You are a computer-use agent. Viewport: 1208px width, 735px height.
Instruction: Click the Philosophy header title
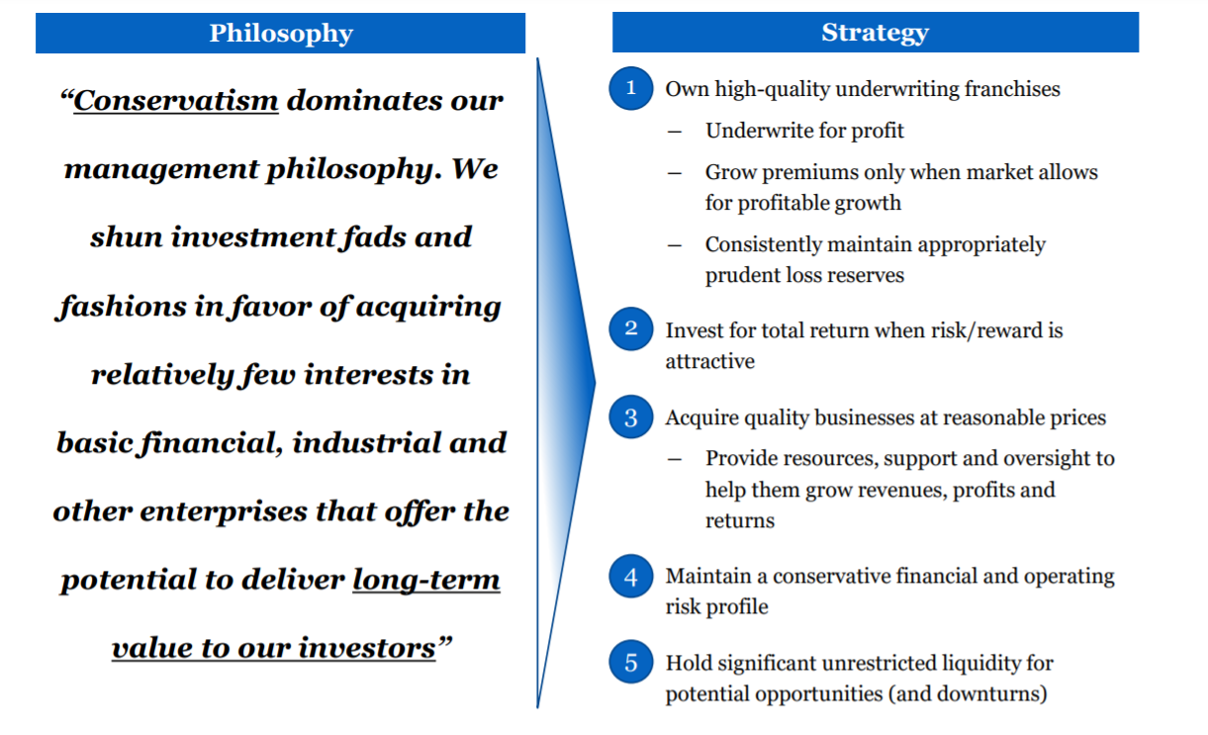coord(281,34)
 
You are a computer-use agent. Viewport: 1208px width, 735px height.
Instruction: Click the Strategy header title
coord(876,33)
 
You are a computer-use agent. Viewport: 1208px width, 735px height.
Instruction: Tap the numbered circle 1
coord(631,88)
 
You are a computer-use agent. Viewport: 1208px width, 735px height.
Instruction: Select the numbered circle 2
coord(631,329)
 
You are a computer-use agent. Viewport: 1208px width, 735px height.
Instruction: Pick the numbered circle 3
coord(631,416)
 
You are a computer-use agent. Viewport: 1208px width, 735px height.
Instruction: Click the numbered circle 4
coord(631,576)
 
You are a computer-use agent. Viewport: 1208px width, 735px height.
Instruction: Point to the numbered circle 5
coord(631,662)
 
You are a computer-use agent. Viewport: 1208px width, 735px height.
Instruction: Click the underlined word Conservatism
coord(176,101)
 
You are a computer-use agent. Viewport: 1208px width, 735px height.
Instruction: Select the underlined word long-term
coord(426,581)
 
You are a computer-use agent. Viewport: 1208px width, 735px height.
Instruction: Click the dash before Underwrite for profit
coord(675,132)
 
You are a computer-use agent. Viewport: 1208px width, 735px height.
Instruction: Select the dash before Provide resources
coord(675,459)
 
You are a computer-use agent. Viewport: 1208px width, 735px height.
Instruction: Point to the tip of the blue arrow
coord(595,382)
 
